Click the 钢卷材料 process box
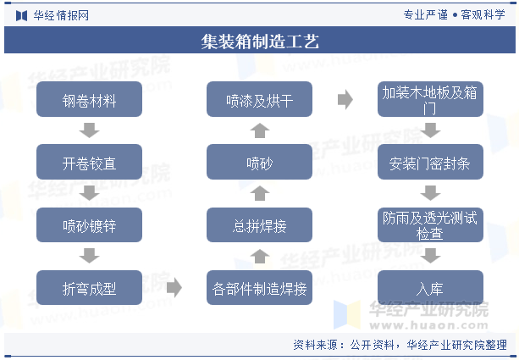coord(90,99)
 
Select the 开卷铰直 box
coord(90,162)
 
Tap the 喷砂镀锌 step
coord(90,224)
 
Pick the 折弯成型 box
coord(90,287)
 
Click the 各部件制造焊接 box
coord(259,287)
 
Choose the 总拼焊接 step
coord(259,224)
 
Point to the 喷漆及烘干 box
coord(259,99)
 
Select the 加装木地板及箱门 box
coord(430,99)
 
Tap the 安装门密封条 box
coord(430,162)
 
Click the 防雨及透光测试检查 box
coord(430,224)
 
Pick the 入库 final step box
coord(430,287)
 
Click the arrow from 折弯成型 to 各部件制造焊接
coord(174,287)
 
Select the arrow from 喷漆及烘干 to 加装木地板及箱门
coord(345,99)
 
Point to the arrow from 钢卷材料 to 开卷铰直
coord(90,130)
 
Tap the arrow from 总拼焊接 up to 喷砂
coord(260,193)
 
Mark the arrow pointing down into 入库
coord(430,256)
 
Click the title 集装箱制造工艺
coord(260,42)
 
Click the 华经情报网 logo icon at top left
coord(21,15)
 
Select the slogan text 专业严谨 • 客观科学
coord(454,15)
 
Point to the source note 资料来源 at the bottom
coord(400,345)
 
